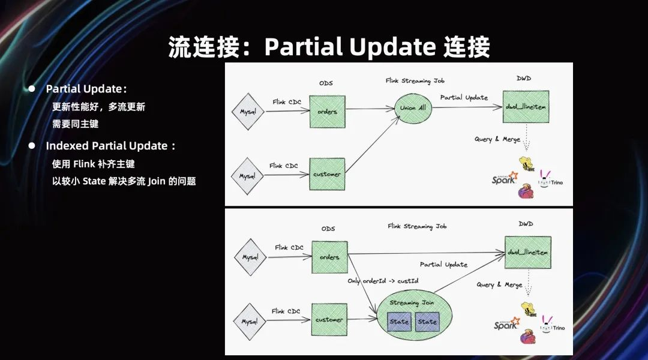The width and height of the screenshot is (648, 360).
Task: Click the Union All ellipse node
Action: pyautogui.click(x=413, y=108)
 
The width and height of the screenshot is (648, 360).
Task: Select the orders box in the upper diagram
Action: pyautogui.click(x=328, y=112)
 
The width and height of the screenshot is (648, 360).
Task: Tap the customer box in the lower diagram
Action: pyautogui.click(x=329, y=319)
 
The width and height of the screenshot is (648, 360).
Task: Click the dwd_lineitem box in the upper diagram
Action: pyautogui.click(x=526, y=107)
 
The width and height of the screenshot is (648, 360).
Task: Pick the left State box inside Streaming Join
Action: pyautogui.click(x=399, y=322)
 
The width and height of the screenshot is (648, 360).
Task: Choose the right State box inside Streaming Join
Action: pyautogui.click(x=427, y=322)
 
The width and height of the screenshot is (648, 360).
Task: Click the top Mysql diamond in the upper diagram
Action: pyautogui.click(x=248, y=112)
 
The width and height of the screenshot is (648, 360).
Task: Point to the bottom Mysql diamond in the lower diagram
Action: pyautogui.click(x=250, y=322)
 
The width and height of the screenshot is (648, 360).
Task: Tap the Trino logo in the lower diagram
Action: pyautogui.click(x=552, y=325)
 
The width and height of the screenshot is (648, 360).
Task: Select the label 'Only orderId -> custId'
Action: pyautogui.click(x=383, y=281)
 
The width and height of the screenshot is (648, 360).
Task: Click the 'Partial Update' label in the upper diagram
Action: pyautogui.click(x=464, y=98)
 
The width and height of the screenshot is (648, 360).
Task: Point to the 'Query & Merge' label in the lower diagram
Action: pyautogui.click(x=499, y=285)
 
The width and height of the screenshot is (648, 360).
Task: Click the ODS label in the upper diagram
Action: pyautogui.click(x=326, y=83)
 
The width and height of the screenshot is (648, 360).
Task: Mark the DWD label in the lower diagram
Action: pyautogui.click(x=526, y=224)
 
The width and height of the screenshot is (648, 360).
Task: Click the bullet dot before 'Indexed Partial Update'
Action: pyautogui.click(x=32, y=145)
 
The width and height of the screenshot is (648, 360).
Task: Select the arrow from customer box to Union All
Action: pyautogui.click(x=373, y=144)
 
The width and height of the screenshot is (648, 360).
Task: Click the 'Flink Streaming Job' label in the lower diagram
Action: pyautogui.click(x=417, y=226)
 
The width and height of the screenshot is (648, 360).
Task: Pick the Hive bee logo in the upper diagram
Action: pyautogui.click(x=527, y=164)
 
